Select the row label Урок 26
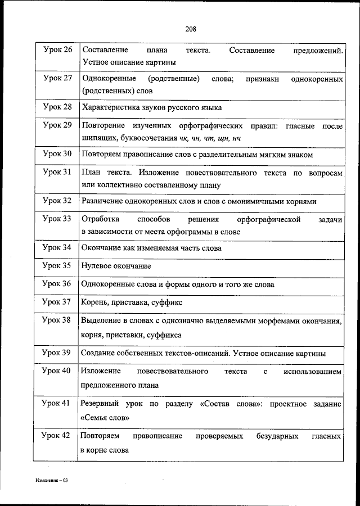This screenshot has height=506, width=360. tap(57, 50)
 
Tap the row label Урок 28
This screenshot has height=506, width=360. tap(57, 107)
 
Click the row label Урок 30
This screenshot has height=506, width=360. tap(57, 153)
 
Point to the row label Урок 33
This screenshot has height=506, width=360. tap(57, 219)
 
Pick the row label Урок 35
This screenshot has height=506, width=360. tap(57, 265)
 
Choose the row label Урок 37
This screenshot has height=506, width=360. tap(57, 302)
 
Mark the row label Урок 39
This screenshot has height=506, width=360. tap(57, 353)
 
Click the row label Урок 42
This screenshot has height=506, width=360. tap(57, 436)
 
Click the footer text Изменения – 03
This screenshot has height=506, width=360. tap(51, 481)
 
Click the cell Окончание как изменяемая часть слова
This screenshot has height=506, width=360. tap(151, 247)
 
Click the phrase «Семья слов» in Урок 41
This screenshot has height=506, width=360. tap(106, 418)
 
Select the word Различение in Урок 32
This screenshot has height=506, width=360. tap(102, 201)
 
